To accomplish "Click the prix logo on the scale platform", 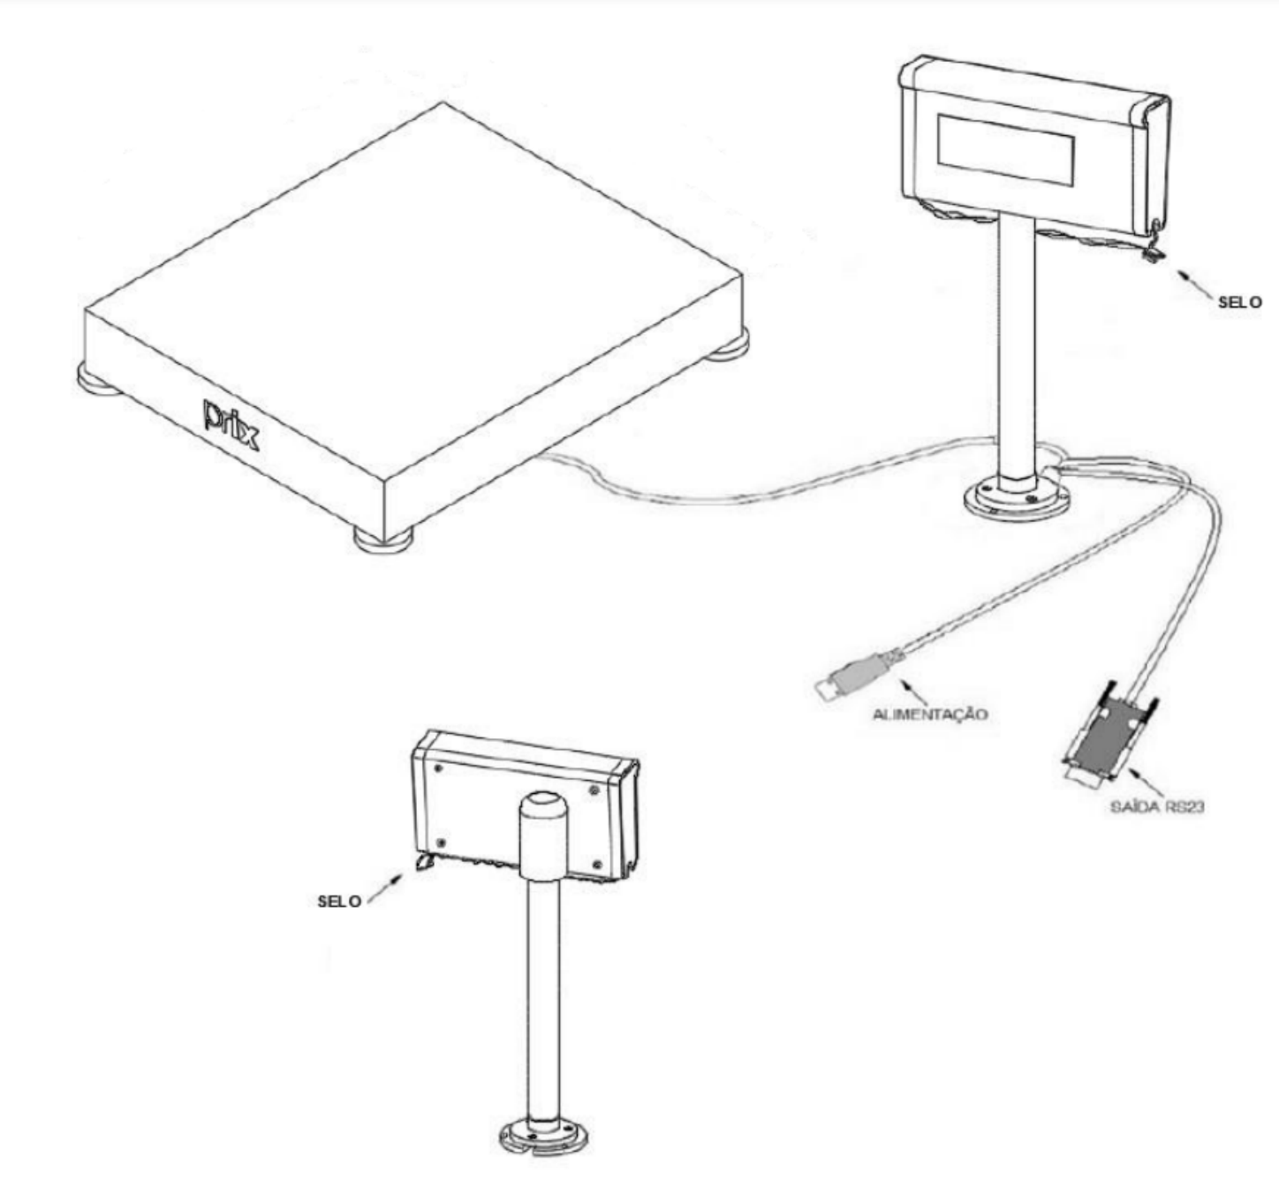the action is (x=231, y=424).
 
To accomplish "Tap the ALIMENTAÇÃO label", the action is (x=930, y=714).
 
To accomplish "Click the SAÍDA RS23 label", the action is (x=1157, y=806).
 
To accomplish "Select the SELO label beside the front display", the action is (x=1240, y=302).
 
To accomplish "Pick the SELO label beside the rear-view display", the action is (x=339, y=902).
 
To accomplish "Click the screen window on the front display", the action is (x=1005, y=148).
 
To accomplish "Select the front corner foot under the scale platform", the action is (x=384, y=539).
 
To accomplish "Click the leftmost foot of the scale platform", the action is (x=96, y=380).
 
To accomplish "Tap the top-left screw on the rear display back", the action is (x=439, y=767).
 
